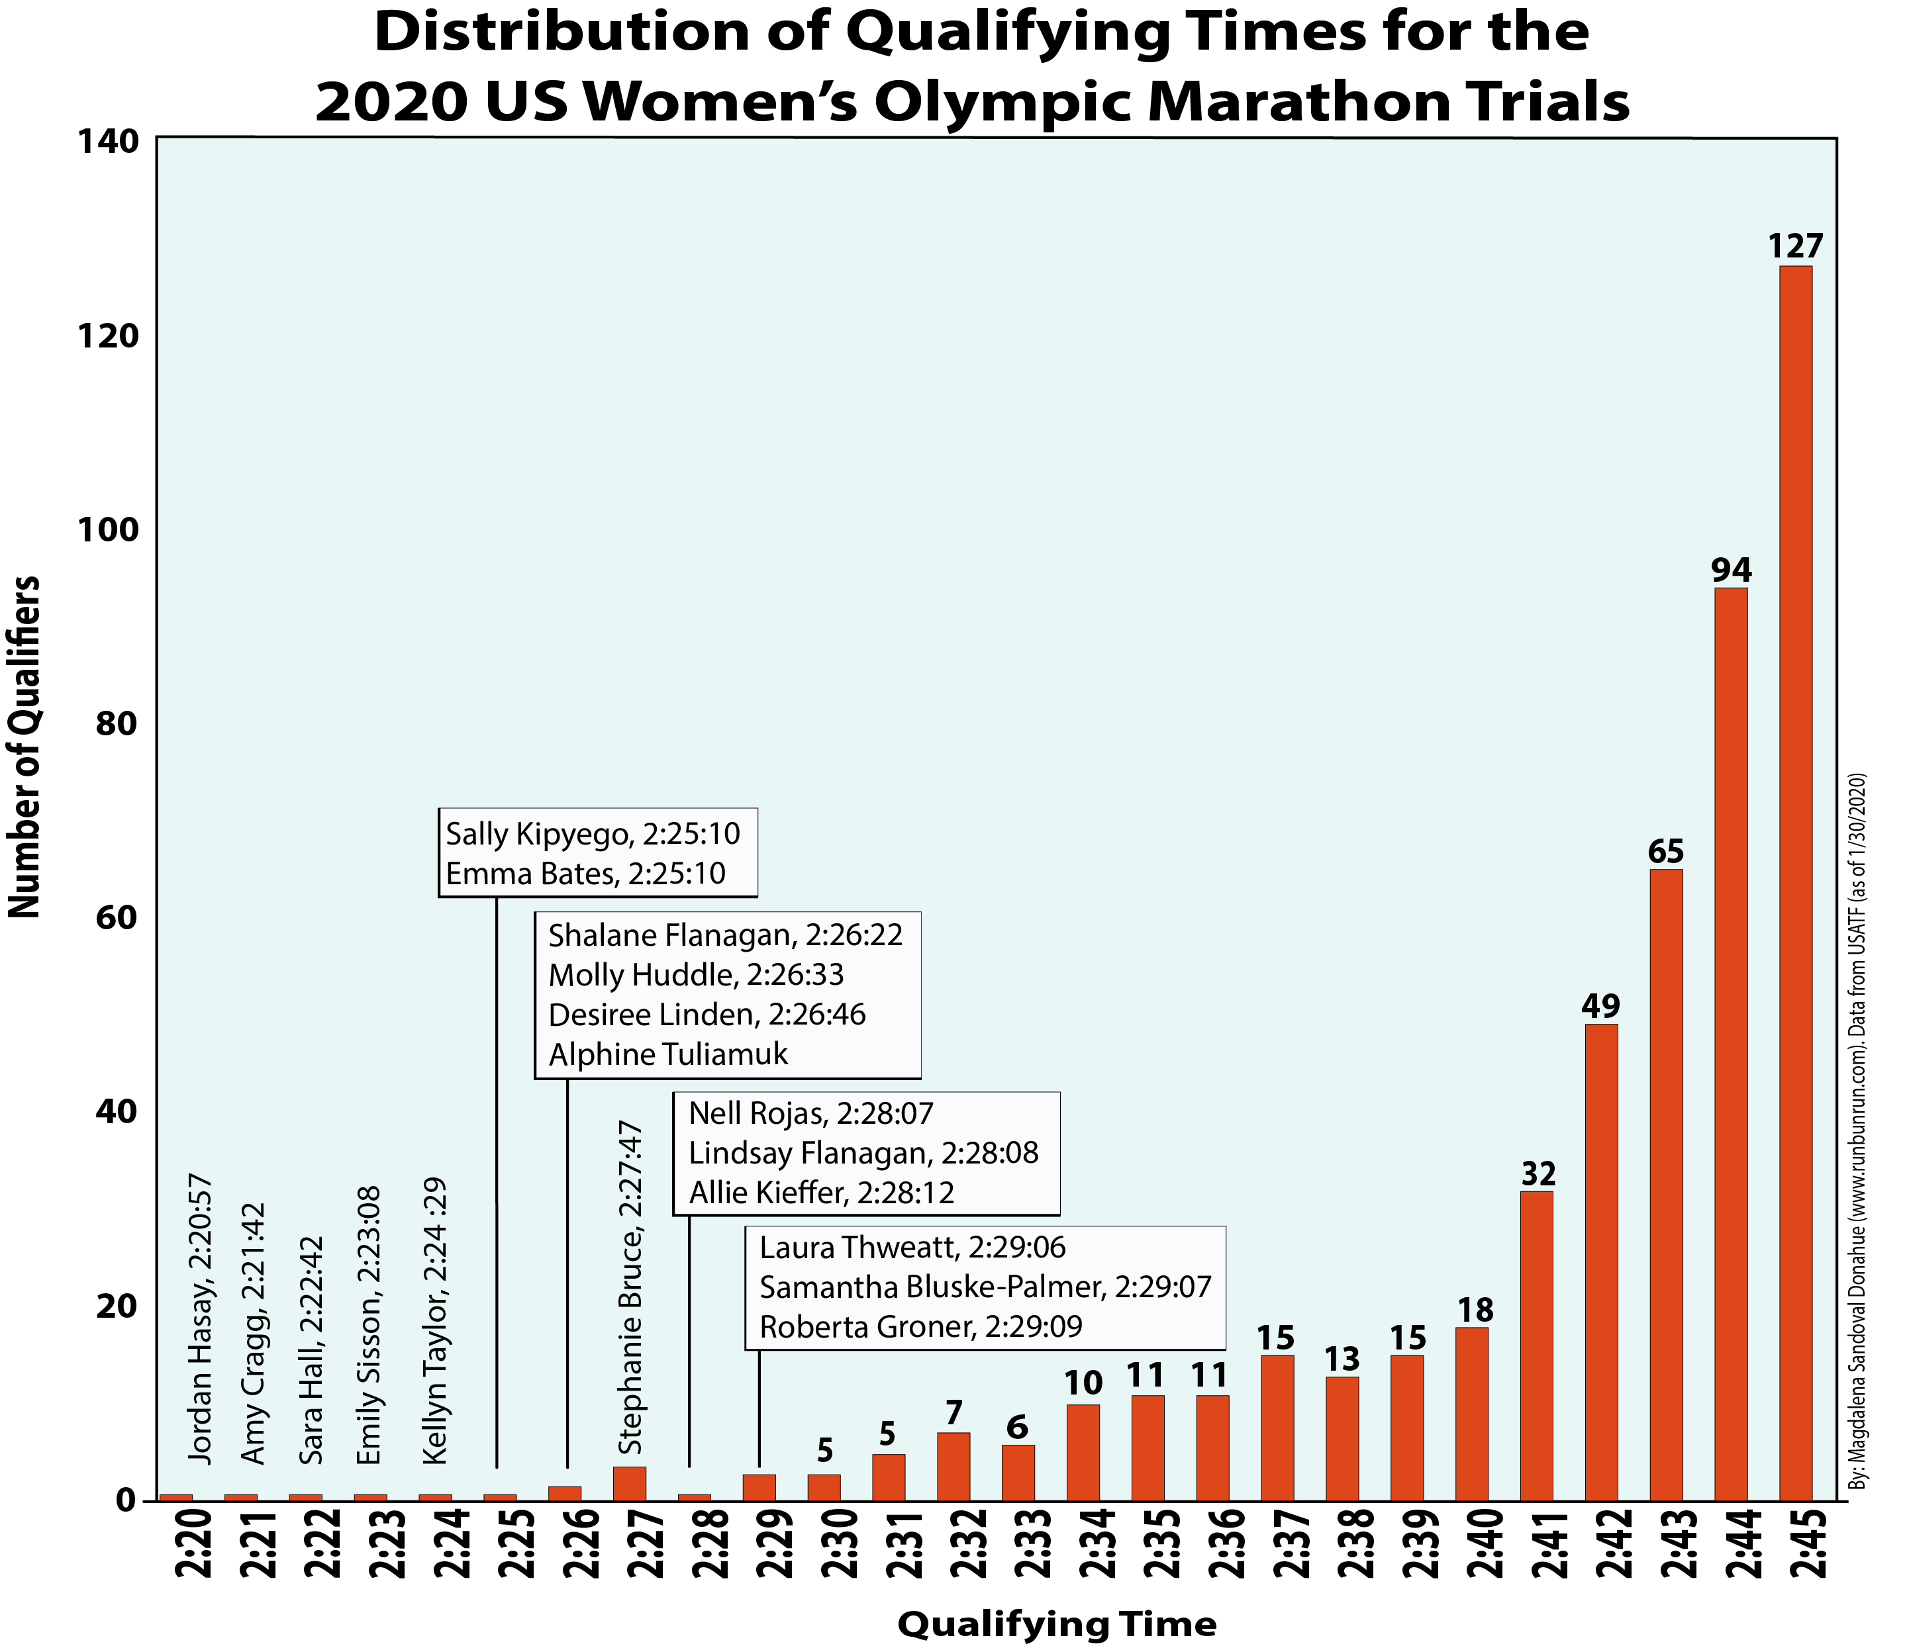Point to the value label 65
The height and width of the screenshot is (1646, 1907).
[x=1666, y=852]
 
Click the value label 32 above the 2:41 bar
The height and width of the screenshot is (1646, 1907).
[x=1538, y=1174]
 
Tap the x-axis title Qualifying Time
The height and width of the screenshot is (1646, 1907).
[x=1057, y=1625]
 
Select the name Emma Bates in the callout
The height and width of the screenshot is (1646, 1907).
[x=529, y=873]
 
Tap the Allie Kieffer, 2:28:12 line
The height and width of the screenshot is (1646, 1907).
[x=821, y=1193]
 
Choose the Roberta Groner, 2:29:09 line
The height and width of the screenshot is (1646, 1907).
[x=920, y=1327]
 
